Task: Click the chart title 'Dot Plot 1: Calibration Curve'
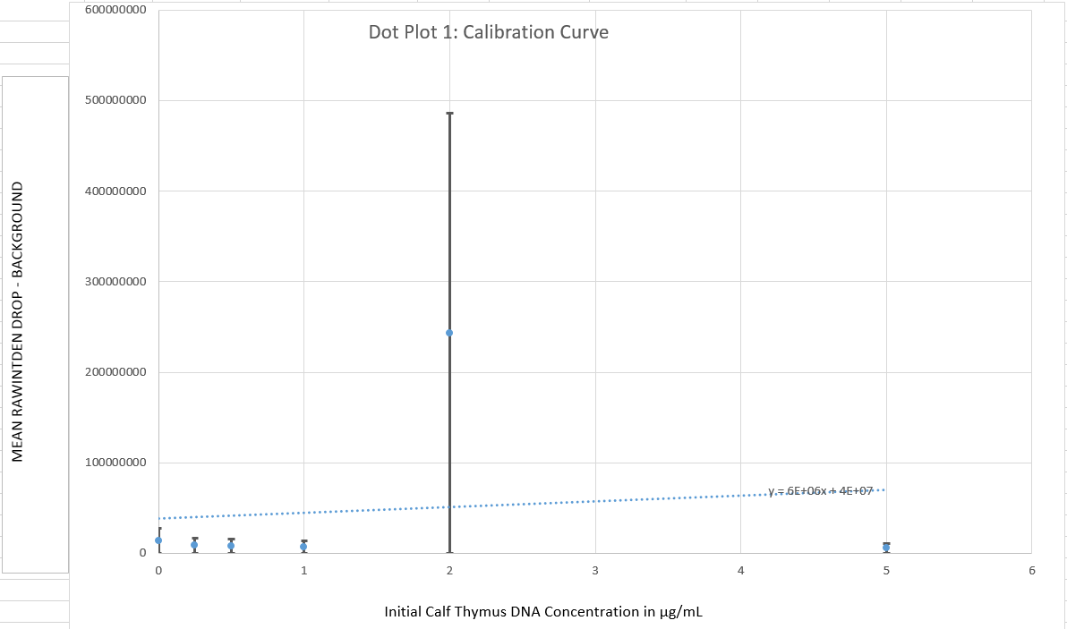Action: [488, 32]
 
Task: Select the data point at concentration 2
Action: [449, 333]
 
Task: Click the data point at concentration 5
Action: [886, 548]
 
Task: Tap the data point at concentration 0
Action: [158, 540]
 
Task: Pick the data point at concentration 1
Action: [303, 547]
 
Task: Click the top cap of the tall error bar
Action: [449, 114]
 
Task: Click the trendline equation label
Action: [820, 491]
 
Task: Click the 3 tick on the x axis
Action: [595, 570]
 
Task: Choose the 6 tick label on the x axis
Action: [1031, 570]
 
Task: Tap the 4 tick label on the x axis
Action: [741, 570]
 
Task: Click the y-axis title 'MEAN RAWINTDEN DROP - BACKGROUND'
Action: [17, 322]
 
